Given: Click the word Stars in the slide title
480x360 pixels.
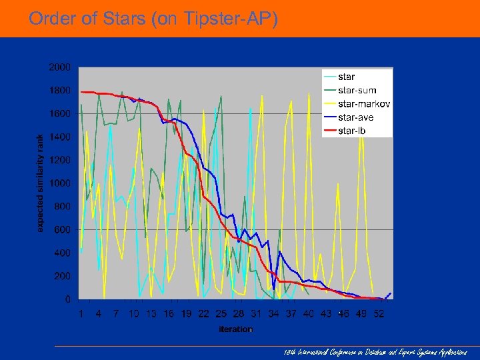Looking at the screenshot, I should coord(125,19).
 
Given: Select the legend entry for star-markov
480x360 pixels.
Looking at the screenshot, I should coord(364,104).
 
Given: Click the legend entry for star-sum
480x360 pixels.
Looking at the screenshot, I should coord(357,91).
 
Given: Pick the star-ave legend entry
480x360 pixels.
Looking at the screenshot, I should coord(356,117).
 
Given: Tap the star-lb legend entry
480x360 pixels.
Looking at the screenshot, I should coord(352,131).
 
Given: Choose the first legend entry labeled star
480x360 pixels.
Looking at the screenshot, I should coord(347,77).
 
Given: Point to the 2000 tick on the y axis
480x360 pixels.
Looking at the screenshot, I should coord(59,67).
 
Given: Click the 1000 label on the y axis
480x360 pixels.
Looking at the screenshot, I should coord(59,183).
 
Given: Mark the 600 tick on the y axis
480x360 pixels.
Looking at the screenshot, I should coord(61,230).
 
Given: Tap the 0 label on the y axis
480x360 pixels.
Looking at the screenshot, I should coord(67,299).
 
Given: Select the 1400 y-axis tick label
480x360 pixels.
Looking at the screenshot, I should coord(59,137).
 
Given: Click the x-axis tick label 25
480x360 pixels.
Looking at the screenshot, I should coord(221,313).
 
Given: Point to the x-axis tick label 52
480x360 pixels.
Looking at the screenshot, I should coord(378,313).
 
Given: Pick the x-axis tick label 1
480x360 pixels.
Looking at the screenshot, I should coord(81,313).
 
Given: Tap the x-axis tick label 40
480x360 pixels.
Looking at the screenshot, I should coord(308,313).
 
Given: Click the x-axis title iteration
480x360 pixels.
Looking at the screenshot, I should coord(236,329).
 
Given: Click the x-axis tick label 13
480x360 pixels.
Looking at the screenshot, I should coord(151,313).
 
